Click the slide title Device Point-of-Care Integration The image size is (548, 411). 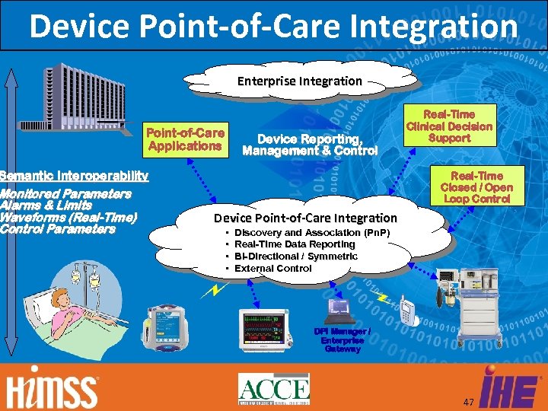pyautogui.click(x=273, y=25)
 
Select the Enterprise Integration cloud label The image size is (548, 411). pyautogui.click(x=299, y=81)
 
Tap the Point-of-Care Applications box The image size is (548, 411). pyautogui.click(x=185, y=139)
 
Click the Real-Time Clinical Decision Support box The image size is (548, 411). pyautogui.click(x=449, y=126)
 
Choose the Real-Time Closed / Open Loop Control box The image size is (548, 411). pyautogui.click(x=476, y=186)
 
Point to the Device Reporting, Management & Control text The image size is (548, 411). pyautogui.click(x=309, y=145)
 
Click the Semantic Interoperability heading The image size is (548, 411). pyautogui.click(x=75, y=176)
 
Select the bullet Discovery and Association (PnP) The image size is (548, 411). pyautogui.click(x=312, y=231)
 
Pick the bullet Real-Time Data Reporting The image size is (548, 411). pyautogui.click(x=295, y=244)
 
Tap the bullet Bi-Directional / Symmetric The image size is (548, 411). pyautogui.click(x=296, y=256)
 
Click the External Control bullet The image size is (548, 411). pyautogui.click(x=272, y=268)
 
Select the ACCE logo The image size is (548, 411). pyautogui.click(x=273, y=388)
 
